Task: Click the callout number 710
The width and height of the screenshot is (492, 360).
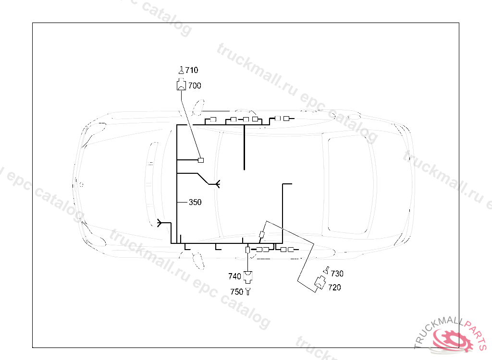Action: [x=192, y=70]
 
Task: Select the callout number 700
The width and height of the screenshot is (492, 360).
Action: [x=195, y=85]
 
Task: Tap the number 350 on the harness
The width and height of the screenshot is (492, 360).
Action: [x=195, y=202]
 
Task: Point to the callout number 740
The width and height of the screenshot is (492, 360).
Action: [x=234, y=276]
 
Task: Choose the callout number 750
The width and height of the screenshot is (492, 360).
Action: [x=236, y=292]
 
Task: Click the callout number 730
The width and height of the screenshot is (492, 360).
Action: [x=337, y=274]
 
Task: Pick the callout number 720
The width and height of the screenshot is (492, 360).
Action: [x=334, y=288]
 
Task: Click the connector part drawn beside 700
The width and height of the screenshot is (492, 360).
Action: [x=181, y=84]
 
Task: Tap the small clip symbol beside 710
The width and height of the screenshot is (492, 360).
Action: [x=181, y=70]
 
